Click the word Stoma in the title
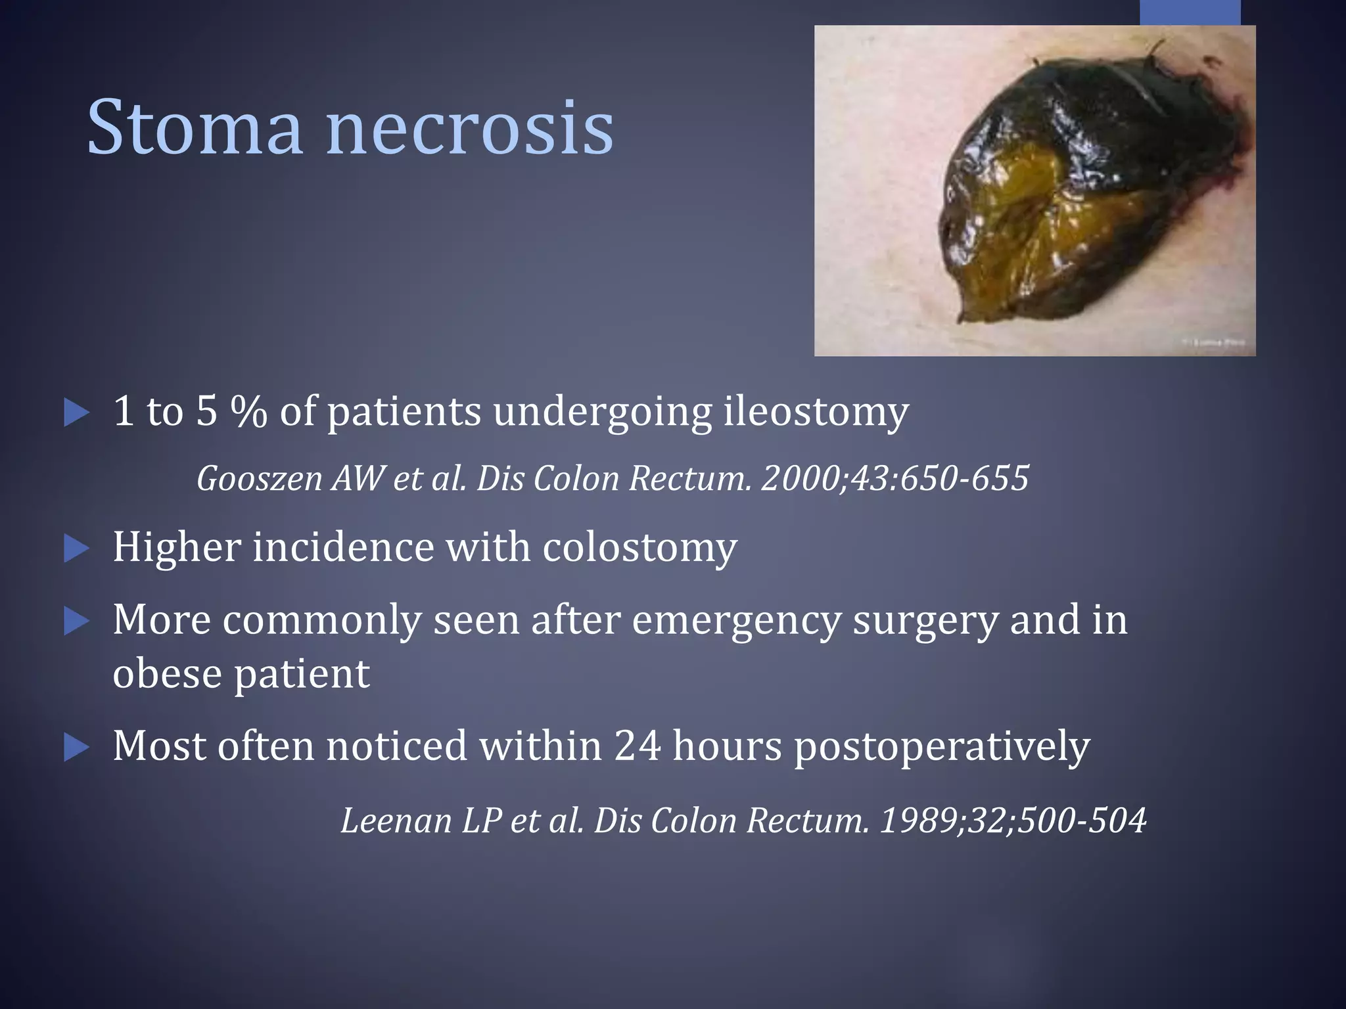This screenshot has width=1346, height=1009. click(x=195, y=127)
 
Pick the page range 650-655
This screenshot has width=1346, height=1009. click(x=964, y=478)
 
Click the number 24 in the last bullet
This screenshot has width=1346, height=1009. click(x=638, y=746)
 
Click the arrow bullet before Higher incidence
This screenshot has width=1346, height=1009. click(x=76, y=549)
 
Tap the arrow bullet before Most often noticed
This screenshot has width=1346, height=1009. click(x=76, y=748)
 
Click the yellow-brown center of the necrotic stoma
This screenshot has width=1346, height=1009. click(x=1025, y=217)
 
